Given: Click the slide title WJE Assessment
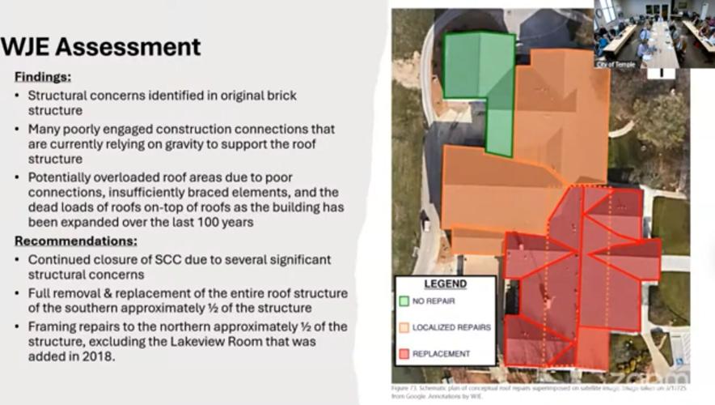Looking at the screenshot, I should (101, 47).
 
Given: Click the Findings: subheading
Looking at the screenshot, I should (43, 77).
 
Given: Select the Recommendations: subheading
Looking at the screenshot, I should (76, 241).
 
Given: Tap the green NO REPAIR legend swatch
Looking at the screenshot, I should (404, 301).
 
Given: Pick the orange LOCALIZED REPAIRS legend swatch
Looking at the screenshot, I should (404, 327).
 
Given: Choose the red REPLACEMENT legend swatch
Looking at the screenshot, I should (404, 354).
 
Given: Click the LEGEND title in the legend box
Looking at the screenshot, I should (445, 284).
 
